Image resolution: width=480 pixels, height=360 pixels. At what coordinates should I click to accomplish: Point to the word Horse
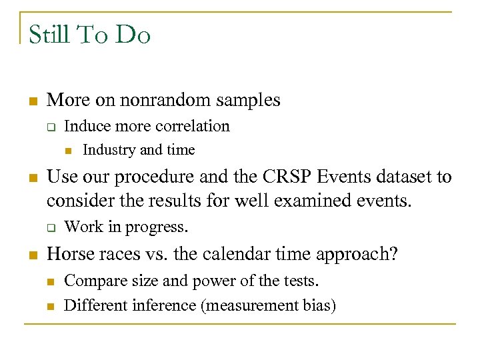click(69, 254)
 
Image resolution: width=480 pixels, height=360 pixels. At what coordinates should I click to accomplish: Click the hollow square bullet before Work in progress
click(50, 227)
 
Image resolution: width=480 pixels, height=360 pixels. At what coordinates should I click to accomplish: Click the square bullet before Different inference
click(50, 306)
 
